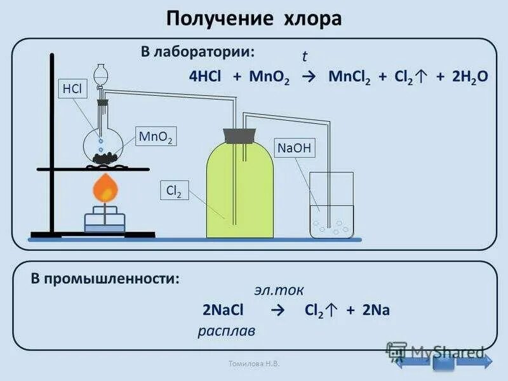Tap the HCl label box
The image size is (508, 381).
tap(71, 90)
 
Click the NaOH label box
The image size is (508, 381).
tap(294, 149)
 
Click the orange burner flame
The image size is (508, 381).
tap(105, 188)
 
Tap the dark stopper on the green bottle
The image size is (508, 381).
tap(239, 136)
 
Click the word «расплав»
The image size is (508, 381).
tap(226, 331)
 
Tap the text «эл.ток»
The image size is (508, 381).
tap(279, 290)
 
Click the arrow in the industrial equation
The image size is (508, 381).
tap(276, 311)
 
